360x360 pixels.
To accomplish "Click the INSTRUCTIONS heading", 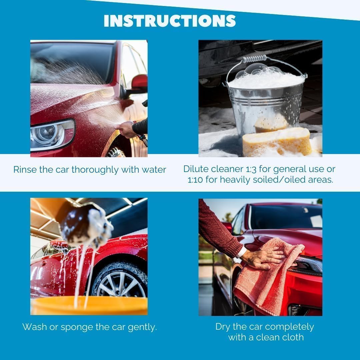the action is pos(170,21).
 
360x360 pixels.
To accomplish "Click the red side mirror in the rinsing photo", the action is pos(139,83).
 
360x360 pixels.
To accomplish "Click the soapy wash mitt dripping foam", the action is pos(86,225).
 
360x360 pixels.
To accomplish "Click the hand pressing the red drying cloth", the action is pos(264,257).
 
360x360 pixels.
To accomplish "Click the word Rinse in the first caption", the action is pos(25,170).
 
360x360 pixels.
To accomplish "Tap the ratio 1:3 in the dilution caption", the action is pos(251,169).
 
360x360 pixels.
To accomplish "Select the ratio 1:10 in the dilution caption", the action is pos(195,180).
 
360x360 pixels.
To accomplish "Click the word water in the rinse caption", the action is pos(154,170).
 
